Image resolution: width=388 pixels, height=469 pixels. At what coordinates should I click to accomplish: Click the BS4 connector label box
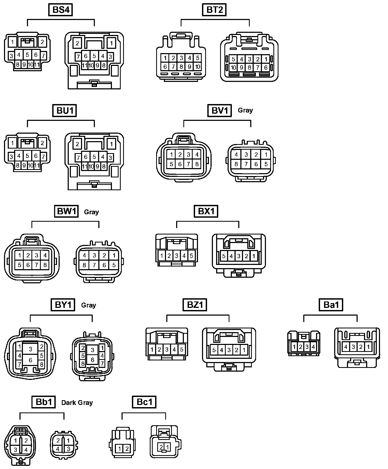point(61,10)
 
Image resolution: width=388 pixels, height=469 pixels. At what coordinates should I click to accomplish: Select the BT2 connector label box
point(214,10)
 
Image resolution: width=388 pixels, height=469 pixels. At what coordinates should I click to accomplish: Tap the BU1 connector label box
point(65,110)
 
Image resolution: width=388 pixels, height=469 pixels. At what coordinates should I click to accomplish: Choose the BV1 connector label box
point(219,110)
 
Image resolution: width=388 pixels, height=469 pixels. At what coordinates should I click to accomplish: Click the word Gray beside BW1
point(91,212)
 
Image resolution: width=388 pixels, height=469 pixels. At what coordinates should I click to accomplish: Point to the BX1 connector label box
point(206,212)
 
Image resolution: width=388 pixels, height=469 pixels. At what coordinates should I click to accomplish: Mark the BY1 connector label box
point(63,305)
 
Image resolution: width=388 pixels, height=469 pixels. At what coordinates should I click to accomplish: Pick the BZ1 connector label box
point(195,305)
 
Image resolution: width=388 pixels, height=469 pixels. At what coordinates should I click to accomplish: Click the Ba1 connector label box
point(331,305)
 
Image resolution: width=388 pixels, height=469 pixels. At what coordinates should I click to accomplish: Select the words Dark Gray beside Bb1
point(77,403)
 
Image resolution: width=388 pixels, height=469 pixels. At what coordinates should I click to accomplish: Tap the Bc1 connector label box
point(144,402)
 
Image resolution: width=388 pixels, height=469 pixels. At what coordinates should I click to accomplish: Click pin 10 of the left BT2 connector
point(197,67)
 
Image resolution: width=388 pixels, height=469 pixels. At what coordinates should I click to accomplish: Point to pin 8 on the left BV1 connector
point(197,164)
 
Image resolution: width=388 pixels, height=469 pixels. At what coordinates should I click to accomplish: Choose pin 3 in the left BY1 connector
point(31,349)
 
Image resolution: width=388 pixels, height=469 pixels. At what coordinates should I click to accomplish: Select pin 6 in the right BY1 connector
point(92,360)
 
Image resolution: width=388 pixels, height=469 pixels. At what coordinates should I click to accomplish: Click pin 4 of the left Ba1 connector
point(313,347)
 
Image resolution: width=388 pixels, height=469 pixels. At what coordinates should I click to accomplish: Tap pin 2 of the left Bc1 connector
point(127,449)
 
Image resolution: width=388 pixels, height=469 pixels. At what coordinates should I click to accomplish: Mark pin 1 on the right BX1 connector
point(254,256)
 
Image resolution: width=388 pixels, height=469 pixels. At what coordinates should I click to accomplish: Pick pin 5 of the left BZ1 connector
point(182,349)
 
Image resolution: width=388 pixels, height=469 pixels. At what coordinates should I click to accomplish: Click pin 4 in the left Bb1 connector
point(26,450)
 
